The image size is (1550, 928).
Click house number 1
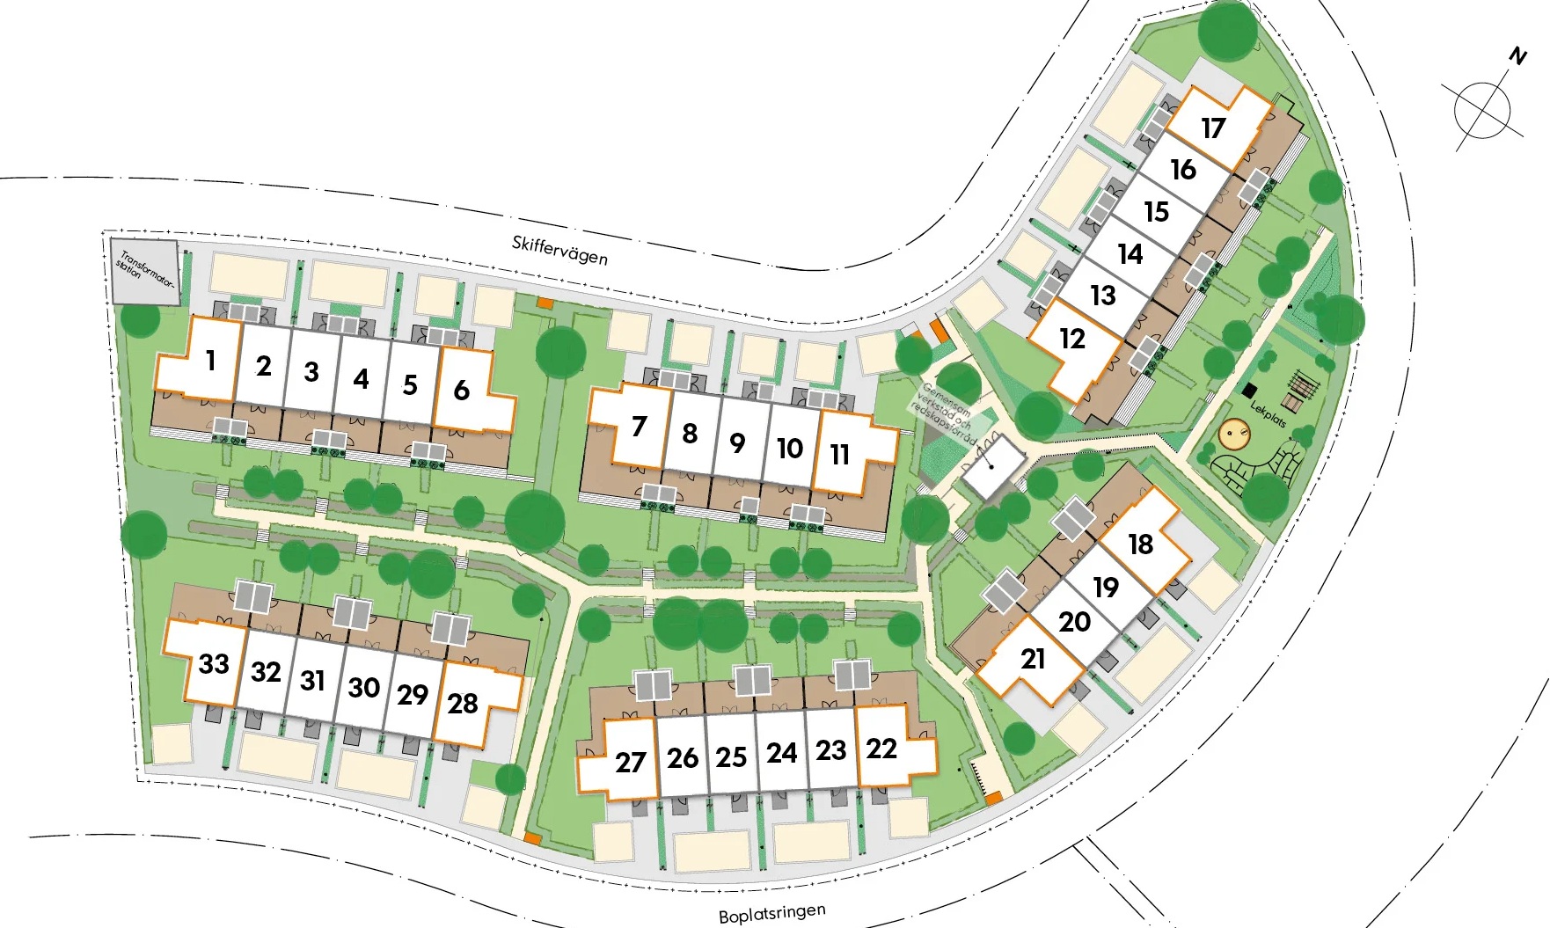210,360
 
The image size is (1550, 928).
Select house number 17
1213,128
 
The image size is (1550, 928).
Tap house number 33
214,663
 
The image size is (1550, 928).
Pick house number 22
881,749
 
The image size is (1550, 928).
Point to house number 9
737,442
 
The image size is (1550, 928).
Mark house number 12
1072,339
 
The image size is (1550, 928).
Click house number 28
463,704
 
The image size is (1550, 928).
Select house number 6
461,390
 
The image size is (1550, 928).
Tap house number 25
731,757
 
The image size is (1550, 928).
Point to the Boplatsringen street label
771,914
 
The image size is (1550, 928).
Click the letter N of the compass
1517,57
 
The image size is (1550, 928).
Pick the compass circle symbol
1482,110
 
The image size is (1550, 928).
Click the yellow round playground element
1234,433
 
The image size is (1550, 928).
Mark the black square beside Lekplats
1250,389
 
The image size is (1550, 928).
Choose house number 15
1156,212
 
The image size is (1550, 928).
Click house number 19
1106,587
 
